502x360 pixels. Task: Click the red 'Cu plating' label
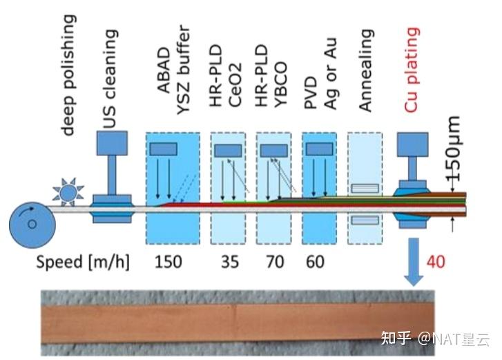pyautogui.click(x=412, y=70)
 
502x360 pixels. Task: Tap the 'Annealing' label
pyautogui.click(x=366, y=70)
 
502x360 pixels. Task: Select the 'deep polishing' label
pyautogui.click(x=68, y=75)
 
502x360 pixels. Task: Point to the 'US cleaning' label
pyautogui.click(x=110, y=79)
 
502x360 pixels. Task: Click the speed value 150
pyautogui.click(x=168, y=262)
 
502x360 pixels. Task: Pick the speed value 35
pyautogui.click(x=230, y=262)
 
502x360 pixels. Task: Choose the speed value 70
pyautogui.click(x=275, y=262)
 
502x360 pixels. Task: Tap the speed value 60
pyautogui.click(x=315, y=262)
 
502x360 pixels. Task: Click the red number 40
pyautogui.click(x=436, y=262)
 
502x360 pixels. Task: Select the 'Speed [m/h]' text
pyautogui.click(x=83, y=263)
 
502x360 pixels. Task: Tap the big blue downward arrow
pyautogui.click(x=414, y=262)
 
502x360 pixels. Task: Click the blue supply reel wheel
pyautogui.click(x=32, y=225)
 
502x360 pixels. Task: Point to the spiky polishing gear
pyautogui.click(x=68, y=192)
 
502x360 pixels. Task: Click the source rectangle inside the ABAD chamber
pyautogui.click(x=163, y=149)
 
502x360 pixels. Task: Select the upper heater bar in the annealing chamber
pyautogui.click(x=365, y=188)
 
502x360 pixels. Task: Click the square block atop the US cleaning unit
pyautogui.click(x=112, y=143)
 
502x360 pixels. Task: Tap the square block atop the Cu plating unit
pyautogui.click(x=413, y=144)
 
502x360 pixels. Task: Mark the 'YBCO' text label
pyautogui.click(x=280, y=84)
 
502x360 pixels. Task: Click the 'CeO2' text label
pyautogui.click(x=235, y=85)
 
